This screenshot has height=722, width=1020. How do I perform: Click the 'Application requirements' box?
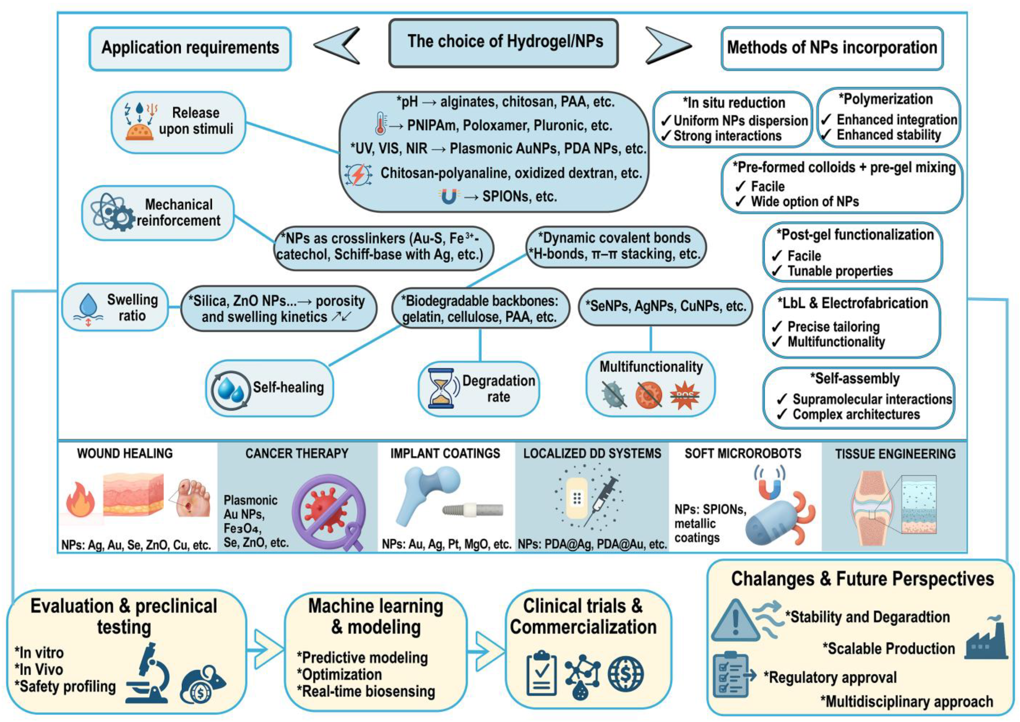tap(190, 48)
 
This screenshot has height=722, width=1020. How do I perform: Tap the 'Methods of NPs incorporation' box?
tap(832, 48)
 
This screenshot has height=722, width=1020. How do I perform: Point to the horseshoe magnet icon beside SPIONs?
tap(449, 196)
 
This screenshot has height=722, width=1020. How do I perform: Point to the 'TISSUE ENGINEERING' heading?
tap(895, 454)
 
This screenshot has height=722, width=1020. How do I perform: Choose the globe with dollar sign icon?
tap(625, 674)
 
